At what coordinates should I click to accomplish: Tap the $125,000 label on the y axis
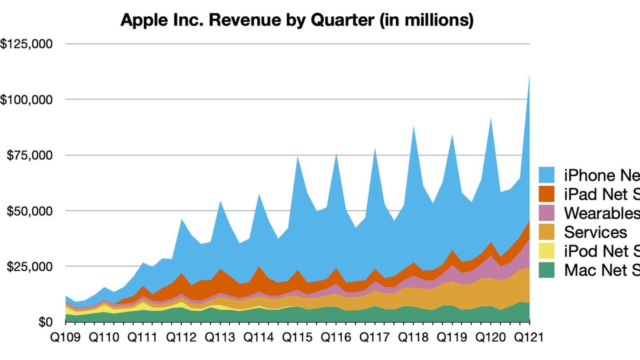(x=25, y=44)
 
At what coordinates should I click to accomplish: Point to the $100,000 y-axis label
(x=25, y=99)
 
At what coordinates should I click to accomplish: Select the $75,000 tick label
(x=29, y=155)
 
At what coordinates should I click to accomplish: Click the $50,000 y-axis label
(x=29, y=210)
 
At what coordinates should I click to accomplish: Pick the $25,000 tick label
(x=29, y=266)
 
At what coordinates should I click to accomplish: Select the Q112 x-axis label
(x=181, y=337)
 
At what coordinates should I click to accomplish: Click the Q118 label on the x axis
(x=413, y=337)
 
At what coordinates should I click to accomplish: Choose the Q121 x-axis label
(x=529, y=337)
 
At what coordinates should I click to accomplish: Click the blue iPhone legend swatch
(x=548, y=175)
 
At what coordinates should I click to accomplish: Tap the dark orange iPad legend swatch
(x=548, y=194)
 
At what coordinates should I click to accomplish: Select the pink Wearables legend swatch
(x=548, y=213)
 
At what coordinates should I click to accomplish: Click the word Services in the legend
(x=595, y=232)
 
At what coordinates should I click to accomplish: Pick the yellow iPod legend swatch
(x=548, y=251)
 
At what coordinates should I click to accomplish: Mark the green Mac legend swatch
(x=548, y=270)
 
